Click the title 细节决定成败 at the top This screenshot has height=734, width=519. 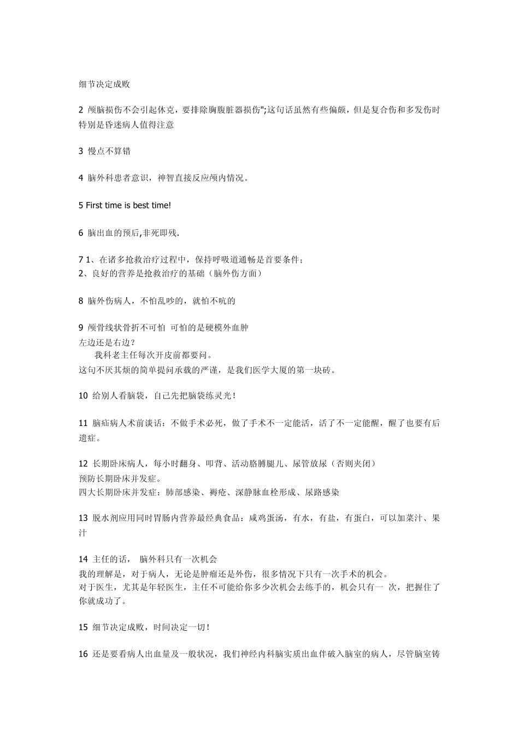(x=104, y=85)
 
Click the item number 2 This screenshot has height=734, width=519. (x=81, y=110)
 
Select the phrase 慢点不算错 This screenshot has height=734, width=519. (x=109, y=151)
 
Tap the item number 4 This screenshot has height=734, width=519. (x=81, y=177)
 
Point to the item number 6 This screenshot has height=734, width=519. (x=81, y=233)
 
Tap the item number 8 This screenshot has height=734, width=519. (x=81, y=300)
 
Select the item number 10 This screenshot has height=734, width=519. (x=83, y=395)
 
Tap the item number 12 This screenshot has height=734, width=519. (x=83, y=464)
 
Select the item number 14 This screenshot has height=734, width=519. (x=83, y=559)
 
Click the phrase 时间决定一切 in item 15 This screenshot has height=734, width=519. (x=180, y=628)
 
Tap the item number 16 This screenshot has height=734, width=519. (x=83, y=654)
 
